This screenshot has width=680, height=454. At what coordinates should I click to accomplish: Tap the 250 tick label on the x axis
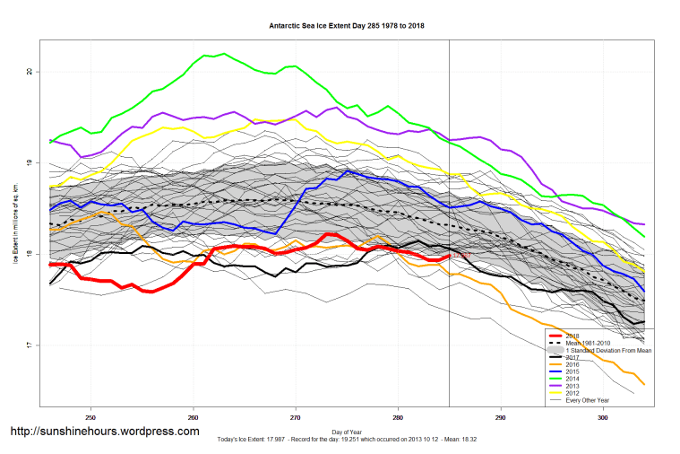coord(90,418)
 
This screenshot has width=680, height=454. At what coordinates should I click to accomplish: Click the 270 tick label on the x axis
coord(296,418)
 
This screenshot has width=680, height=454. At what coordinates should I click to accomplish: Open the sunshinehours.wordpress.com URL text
coord(105,432)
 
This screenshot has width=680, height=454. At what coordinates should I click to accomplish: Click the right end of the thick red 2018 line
coord(450,256)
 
